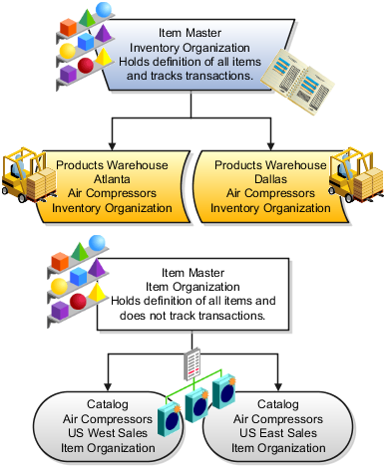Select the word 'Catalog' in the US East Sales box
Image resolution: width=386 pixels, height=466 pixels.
pyautogui.click(x=278, y=405)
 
